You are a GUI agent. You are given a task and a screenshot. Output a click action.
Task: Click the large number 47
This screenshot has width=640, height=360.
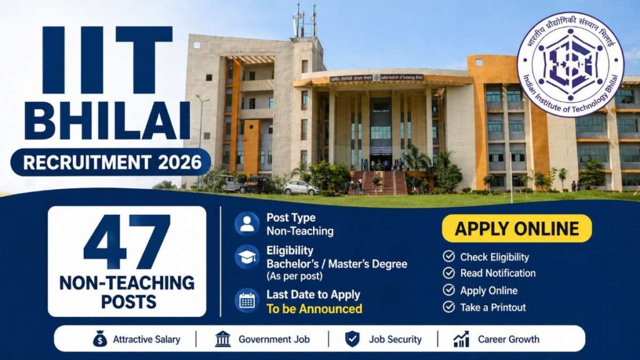(127, 241)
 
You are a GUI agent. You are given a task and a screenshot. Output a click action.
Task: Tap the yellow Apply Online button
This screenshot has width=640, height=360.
(516, 229)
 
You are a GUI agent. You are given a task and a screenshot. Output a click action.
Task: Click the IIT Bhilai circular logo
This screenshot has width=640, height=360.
(570, 64)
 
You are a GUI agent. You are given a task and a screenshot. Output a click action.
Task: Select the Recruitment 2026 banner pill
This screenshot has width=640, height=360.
(110, 162)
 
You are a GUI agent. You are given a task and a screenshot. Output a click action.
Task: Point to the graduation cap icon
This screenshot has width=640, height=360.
(247, 256)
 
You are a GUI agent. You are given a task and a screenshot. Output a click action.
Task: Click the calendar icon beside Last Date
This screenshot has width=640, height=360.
(247, 301)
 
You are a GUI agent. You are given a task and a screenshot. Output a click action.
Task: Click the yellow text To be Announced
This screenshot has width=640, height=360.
(314, 309)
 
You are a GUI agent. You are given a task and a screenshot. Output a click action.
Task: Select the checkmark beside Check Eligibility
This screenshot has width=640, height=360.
(448, 257)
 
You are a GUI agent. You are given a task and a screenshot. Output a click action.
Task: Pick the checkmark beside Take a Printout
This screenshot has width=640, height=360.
(448, 307)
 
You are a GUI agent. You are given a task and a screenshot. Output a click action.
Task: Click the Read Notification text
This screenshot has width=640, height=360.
(497, 273)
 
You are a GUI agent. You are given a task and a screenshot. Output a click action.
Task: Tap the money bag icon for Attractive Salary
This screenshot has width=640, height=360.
(99, 339)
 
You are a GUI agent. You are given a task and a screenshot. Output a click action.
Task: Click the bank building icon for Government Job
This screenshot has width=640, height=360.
(222, 339)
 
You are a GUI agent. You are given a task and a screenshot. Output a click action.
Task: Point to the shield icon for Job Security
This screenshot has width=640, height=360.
(352, 339)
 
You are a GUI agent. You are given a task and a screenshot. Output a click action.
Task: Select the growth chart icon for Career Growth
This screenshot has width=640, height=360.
(462, 339)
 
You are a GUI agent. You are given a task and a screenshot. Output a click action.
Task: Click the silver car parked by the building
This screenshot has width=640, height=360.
(301, 187)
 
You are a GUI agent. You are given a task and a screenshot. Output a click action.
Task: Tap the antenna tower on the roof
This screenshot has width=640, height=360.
(304, 22)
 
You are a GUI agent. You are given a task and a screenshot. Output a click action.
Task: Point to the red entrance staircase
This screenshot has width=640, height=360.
(379, 182)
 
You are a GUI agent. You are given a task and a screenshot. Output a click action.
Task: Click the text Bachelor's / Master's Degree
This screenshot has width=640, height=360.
(336, 264)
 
